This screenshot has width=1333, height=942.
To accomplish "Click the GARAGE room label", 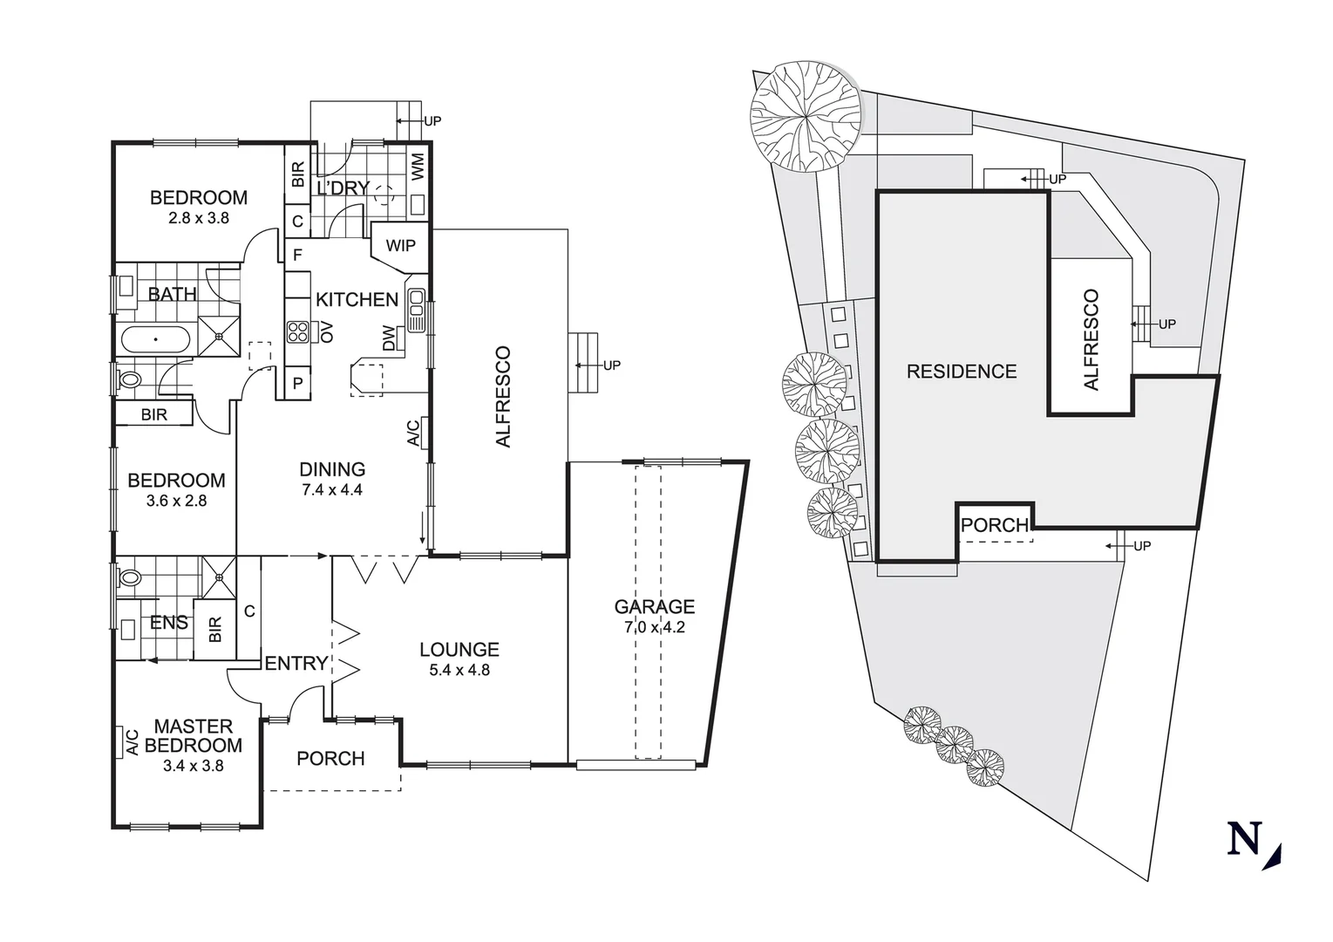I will (654, 606).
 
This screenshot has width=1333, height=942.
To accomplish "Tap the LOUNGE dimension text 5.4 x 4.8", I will (459, 670).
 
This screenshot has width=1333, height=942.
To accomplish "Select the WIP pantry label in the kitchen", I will (401, 245).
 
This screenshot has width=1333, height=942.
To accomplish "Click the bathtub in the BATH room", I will (155, 339).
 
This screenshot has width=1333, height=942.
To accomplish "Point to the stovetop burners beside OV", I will (297, 332).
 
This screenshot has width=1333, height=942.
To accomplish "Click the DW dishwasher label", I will (389, 338).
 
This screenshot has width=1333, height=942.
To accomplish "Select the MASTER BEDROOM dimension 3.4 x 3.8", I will (194, 766).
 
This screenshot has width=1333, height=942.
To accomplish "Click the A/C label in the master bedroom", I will (132, 741).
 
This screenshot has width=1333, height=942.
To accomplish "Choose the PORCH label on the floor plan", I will (330, 758).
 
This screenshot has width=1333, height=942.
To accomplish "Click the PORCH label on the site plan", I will (994, 525).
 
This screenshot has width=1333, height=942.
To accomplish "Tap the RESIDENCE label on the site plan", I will (962, 372).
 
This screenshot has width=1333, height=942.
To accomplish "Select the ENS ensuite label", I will (168, 622).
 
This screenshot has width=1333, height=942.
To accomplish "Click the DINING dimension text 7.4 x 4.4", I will (332, 489).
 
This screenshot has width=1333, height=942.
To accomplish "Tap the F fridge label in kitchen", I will (297, 256).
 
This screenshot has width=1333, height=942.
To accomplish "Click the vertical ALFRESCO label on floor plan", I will (503, 397).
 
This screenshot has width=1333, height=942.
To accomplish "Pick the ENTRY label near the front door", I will (296, 663).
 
